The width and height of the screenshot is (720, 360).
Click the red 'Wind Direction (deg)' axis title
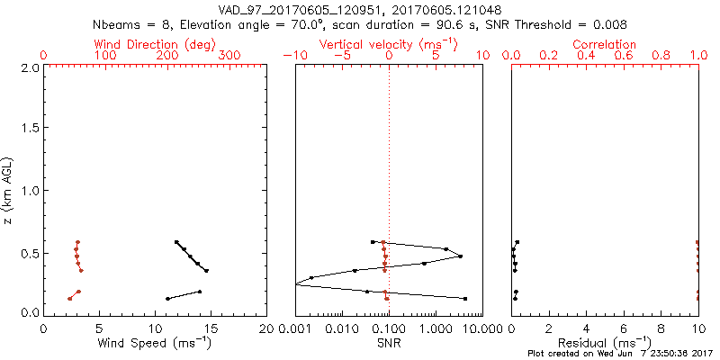[x=155, y=43]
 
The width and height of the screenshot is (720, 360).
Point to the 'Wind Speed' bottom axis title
[x=155, y=343]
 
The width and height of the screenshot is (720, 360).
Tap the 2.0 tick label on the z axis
[x=29, y=67]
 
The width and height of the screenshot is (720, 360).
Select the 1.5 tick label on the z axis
[x=29, y=129]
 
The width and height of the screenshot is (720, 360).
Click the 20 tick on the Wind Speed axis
[x=266, y=328]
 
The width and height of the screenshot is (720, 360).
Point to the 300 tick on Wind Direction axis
[x=229, y=56]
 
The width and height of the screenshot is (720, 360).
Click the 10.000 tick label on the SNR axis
[x=475, y=328]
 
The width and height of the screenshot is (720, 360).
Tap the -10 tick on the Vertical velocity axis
[x=292, y=56]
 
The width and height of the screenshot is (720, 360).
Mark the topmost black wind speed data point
[x=176, y=242]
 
